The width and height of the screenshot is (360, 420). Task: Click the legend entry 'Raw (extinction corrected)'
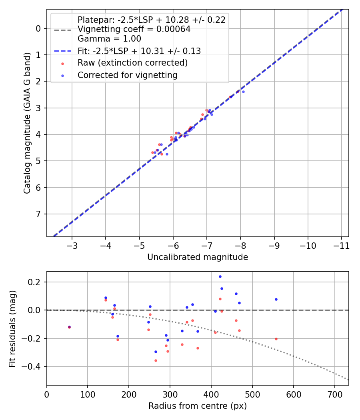click(132, 63)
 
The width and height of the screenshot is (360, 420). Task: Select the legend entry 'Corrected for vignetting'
click(127, 75)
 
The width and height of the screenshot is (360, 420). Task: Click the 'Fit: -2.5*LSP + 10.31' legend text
click(139, 51)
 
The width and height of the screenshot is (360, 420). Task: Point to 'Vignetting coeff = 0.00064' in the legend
click(134, 29)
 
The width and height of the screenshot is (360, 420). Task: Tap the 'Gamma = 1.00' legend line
click(109, 39)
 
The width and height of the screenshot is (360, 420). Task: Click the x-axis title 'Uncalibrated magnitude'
click(198, 257)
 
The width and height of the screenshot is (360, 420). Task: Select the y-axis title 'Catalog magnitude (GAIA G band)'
click(27, 122)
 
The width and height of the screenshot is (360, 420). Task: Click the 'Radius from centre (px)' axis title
click(198, 406)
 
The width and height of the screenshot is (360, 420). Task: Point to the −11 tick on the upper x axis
click(342, 244)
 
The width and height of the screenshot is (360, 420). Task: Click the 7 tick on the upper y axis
click(39, 214)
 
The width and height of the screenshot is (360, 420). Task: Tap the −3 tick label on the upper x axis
click(72, 244)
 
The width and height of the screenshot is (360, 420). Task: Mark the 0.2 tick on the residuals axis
click(36, 282)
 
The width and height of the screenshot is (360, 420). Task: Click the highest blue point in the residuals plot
click(220, 276)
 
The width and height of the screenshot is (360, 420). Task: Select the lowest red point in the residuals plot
click(156, 360)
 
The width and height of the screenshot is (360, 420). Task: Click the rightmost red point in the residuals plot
click(276, 339)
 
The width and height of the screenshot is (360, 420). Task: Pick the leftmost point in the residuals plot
click(69, 327)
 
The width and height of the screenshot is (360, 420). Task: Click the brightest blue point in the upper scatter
click(243, 92)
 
